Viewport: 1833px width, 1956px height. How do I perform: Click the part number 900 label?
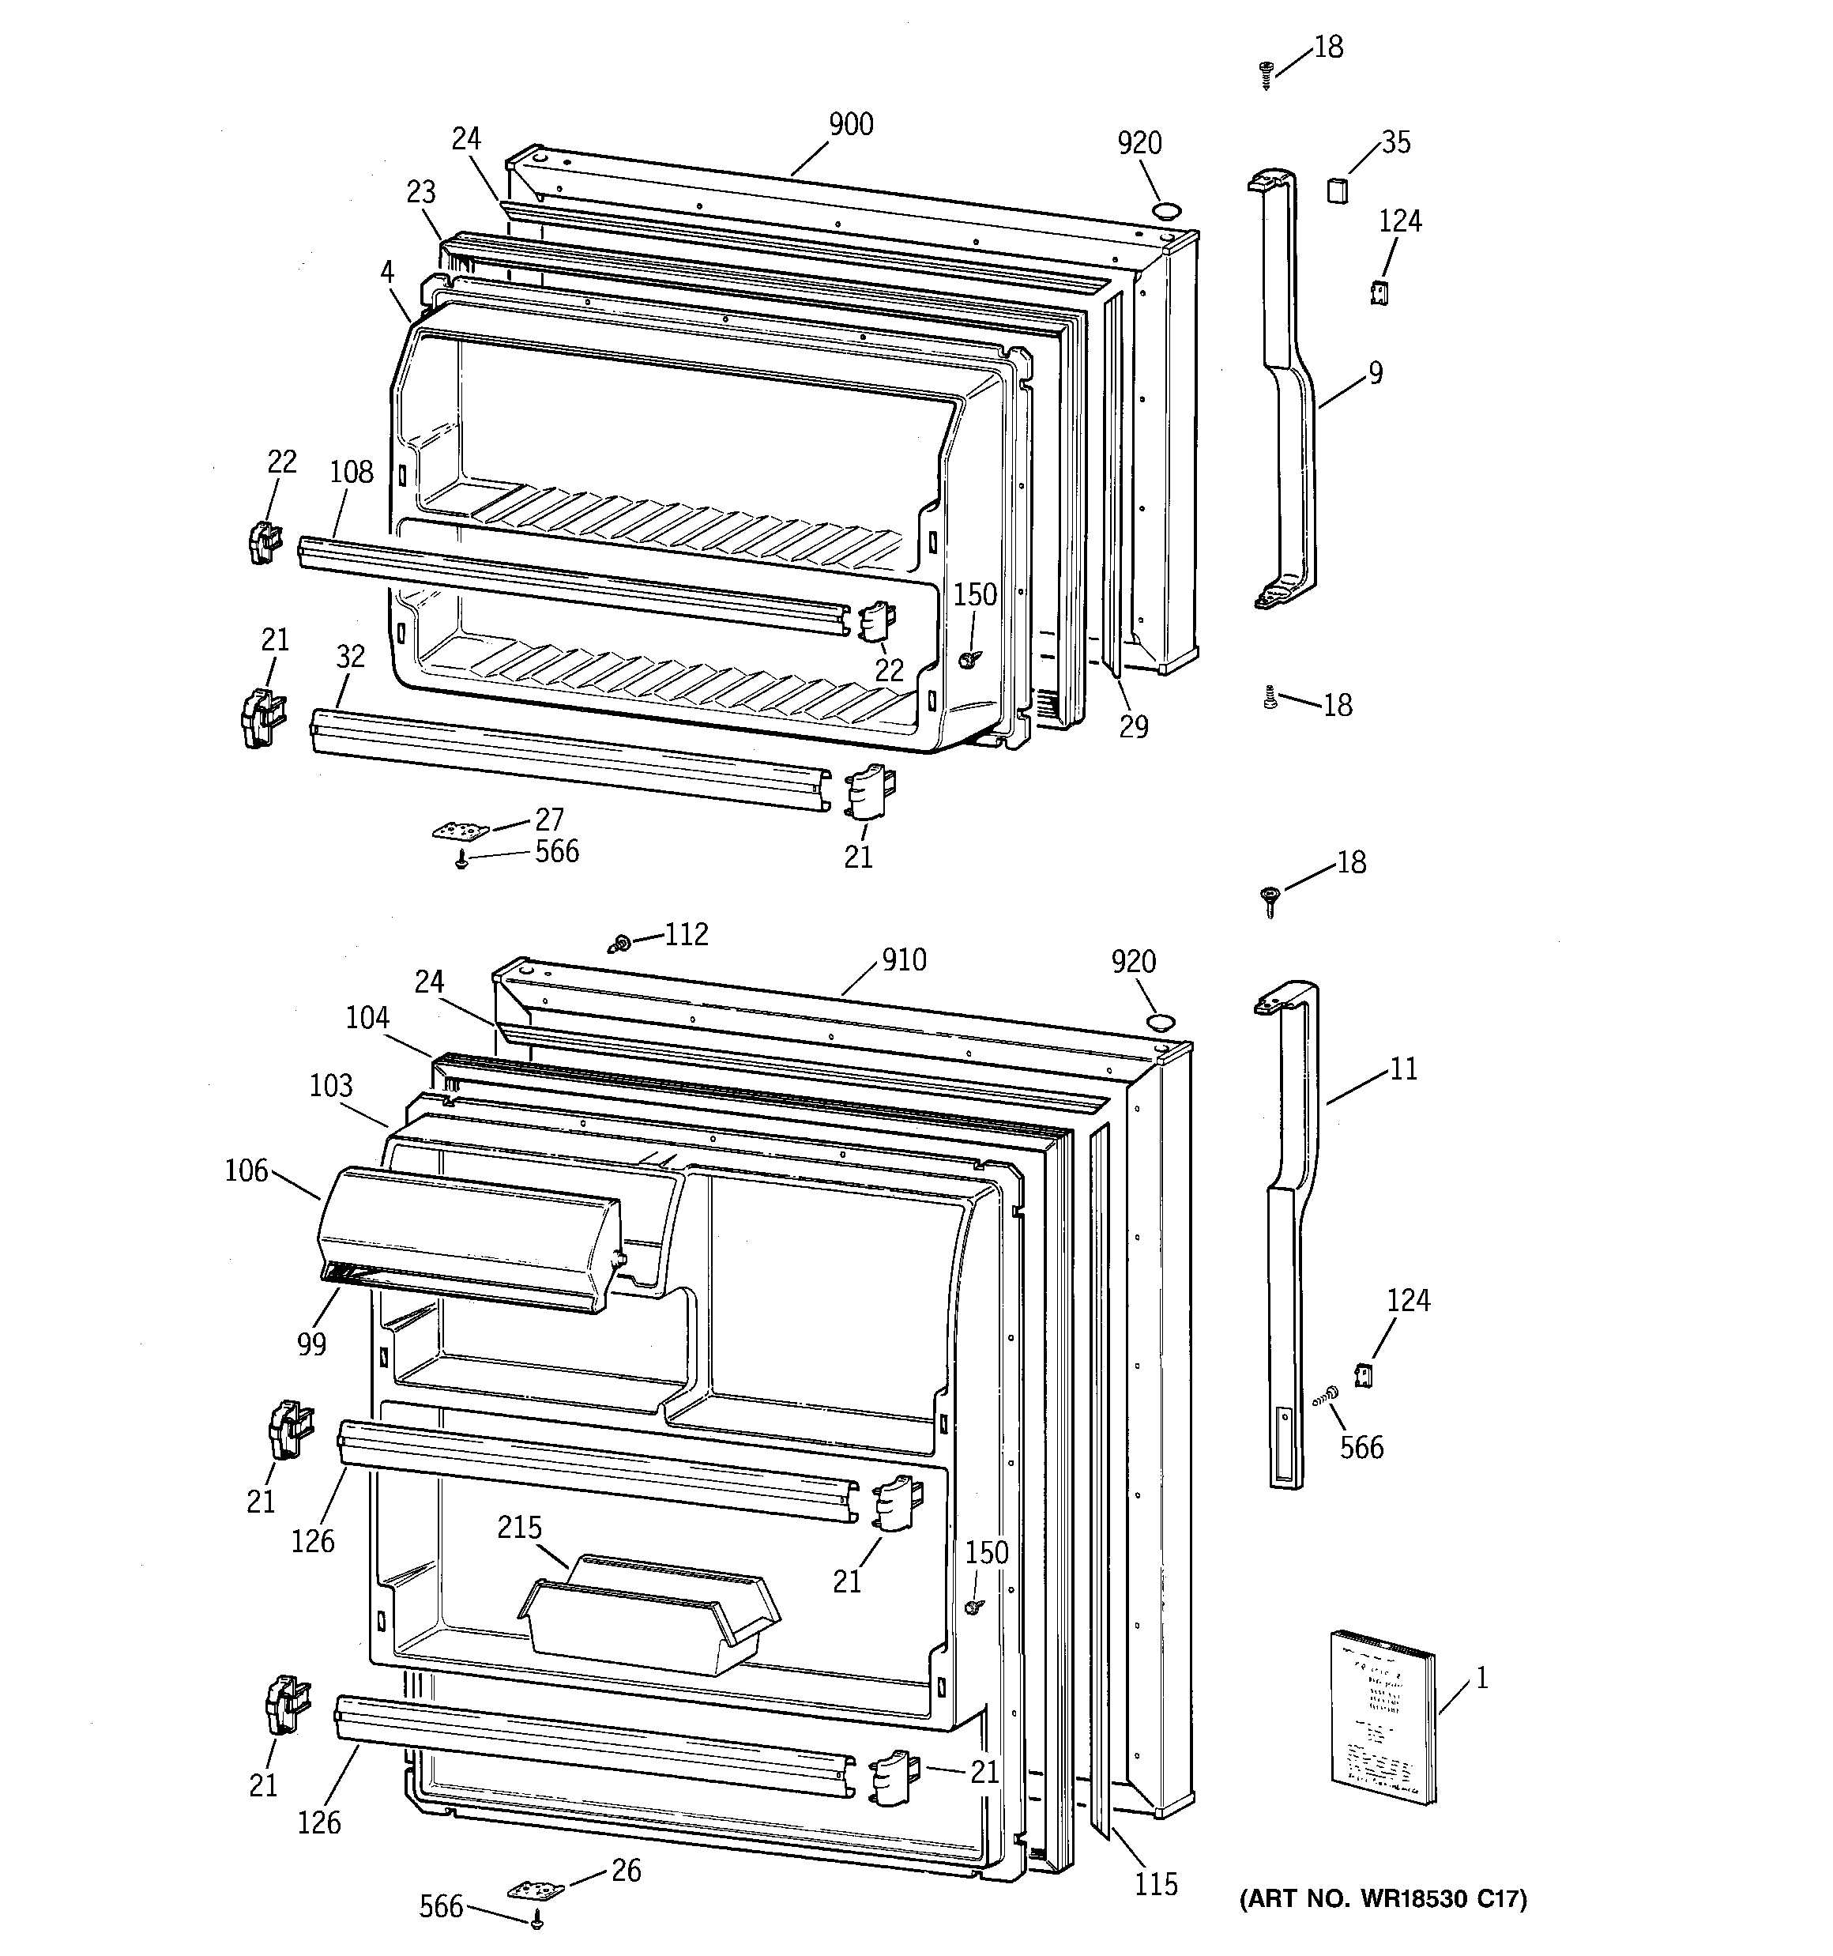850,125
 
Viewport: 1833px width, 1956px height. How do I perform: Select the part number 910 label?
903,960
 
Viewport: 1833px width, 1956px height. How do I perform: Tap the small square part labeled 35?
1335,189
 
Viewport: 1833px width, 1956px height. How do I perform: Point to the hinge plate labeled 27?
461,832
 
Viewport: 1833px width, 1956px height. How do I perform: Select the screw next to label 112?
620,944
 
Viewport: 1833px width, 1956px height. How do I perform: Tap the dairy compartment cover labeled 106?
468,1238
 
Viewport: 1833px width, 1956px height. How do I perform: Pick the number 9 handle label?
1375,374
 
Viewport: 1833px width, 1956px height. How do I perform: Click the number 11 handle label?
1403,1068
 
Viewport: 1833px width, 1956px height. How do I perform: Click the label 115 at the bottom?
1155,1884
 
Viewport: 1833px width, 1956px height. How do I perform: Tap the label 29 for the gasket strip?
1134,727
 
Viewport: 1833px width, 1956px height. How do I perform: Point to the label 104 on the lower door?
367,1017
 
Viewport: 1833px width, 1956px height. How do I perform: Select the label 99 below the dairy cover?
311,1344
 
